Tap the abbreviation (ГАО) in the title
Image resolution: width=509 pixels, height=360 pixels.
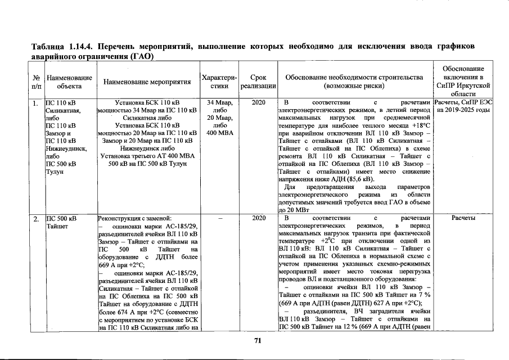(x=142, y=56)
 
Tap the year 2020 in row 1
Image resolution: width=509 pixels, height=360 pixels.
(x=258, y=103)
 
